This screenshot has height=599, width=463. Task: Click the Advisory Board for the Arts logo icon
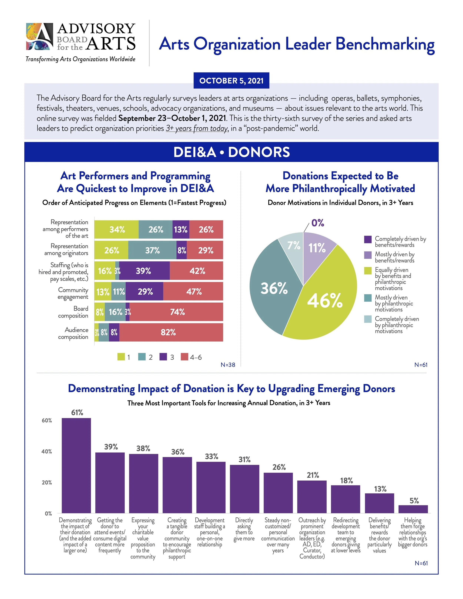39,36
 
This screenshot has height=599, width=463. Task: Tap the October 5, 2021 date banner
231,81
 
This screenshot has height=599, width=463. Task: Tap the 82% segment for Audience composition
171,332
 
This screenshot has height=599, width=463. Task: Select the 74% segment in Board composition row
177,312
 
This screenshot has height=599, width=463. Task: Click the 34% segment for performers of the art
116,229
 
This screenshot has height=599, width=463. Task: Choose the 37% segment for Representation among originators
152,250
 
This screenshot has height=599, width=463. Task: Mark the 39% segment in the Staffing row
144,271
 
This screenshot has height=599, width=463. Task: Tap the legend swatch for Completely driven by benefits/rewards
368,239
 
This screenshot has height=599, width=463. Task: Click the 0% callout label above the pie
318,223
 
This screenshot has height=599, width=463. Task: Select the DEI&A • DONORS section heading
231,152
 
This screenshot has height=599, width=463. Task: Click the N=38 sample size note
228,365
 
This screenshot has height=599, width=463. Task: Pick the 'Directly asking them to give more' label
244,529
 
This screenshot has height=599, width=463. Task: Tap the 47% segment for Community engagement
193,291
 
